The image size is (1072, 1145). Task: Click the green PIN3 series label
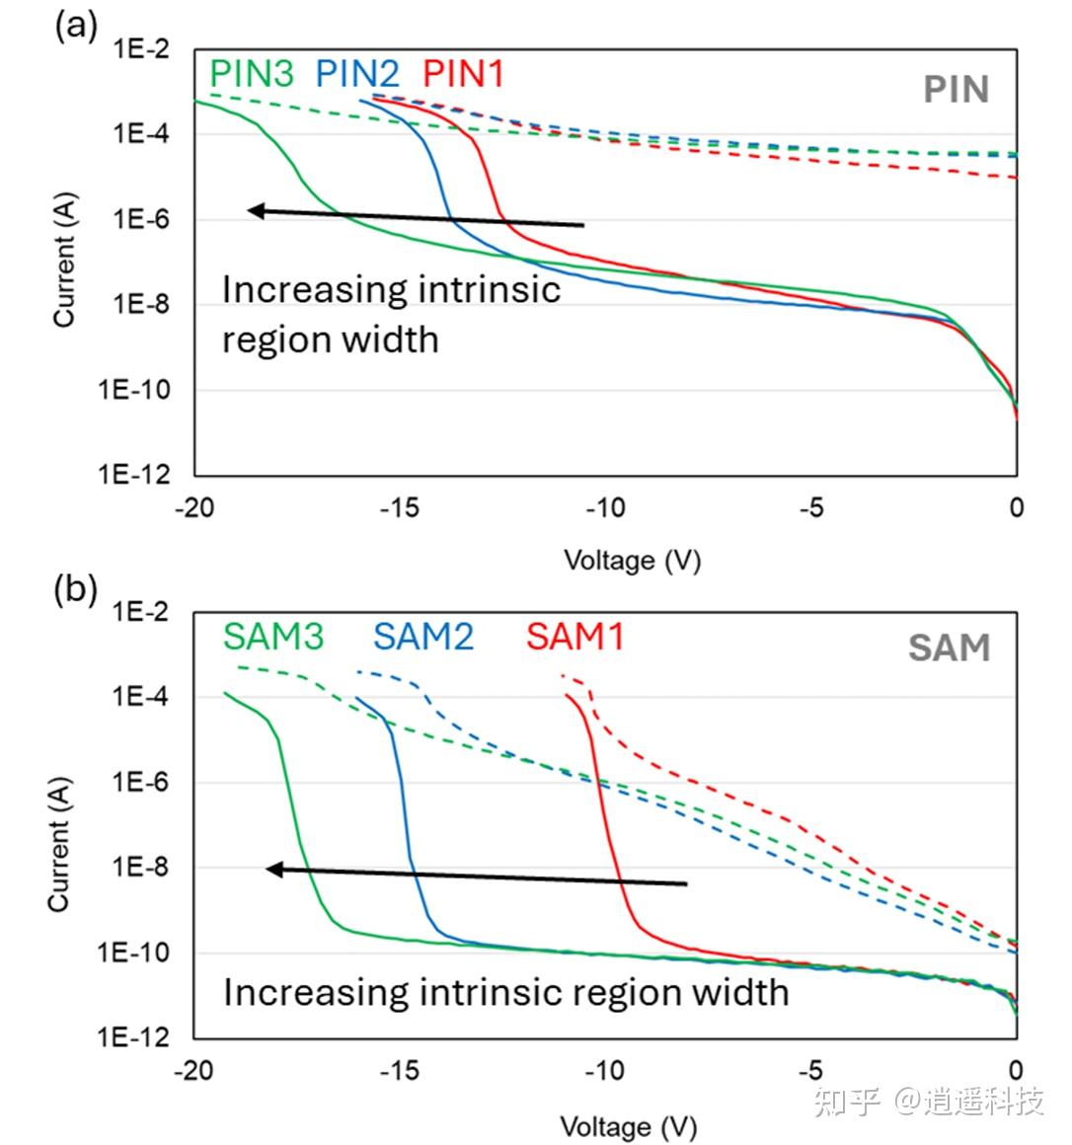pos(252,74)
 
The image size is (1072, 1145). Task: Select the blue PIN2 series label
pos(357,74)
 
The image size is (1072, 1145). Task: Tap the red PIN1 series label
pos(463,74)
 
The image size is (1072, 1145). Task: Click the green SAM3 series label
pos(272,637)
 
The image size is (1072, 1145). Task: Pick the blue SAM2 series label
pos(423,637)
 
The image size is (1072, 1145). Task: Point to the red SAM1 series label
pos(575,637)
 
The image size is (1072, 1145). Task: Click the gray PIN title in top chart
pos(956,90)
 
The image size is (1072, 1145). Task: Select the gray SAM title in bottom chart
pos(949,649)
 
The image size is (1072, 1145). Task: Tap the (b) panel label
pos(76,589)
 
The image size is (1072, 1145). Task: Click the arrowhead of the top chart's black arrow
pos(255,210)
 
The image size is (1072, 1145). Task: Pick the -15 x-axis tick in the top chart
pos(399,508)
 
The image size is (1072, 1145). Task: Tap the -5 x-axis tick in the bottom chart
pos(810,1071)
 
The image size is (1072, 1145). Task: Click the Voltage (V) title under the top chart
pos(632,561)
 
